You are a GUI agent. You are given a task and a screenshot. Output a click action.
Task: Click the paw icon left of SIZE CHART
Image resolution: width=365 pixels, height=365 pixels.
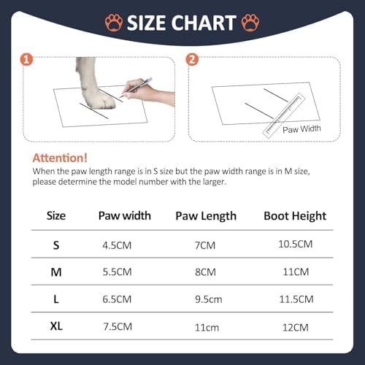click(x=114, y=23)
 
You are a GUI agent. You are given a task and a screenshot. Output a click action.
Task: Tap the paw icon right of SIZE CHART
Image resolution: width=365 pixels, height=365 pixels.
click(x=250, y=23)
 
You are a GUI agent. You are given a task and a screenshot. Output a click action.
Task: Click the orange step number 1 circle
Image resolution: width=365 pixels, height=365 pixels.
click(x=26, y=60)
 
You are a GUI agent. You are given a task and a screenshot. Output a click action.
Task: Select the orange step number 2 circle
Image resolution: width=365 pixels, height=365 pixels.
click(x=192, y=60)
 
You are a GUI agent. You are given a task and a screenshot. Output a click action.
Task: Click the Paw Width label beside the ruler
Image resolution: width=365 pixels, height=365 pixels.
click(x=301, y=129)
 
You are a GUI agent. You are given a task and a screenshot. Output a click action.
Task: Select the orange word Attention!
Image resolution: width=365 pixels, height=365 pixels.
click(x=60, y=158)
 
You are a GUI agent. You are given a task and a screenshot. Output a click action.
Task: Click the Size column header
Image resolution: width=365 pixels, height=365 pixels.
click(x=56, y=216)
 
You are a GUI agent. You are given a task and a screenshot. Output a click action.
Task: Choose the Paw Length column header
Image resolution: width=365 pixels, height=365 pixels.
click(x=206, y=216)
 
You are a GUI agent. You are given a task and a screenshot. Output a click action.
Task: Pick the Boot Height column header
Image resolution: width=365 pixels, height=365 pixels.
click(x=295, y=216)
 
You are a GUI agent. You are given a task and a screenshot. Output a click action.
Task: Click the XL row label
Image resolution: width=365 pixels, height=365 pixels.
click(x=56, y=326)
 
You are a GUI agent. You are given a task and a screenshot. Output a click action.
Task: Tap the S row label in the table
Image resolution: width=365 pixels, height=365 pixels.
click(x=56, y=245)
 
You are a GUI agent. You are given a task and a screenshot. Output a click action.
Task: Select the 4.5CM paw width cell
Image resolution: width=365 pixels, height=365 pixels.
click(x=117, y=245)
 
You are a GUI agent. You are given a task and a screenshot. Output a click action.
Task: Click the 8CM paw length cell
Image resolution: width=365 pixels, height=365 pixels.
click(x=205, y=272)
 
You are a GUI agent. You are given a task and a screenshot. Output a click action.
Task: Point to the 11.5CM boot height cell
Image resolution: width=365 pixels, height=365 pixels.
click(x=296, y=299)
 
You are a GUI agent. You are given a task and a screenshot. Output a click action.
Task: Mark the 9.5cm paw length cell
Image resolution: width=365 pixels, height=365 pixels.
click(x=209, y=299)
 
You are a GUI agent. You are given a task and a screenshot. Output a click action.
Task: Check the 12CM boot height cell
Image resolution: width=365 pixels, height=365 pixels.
click(x=296, y=328)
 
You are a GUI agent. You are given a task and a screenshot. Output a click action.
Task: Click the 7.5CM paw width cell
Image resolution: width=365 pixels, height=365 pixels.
click(x=118, y=327)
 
